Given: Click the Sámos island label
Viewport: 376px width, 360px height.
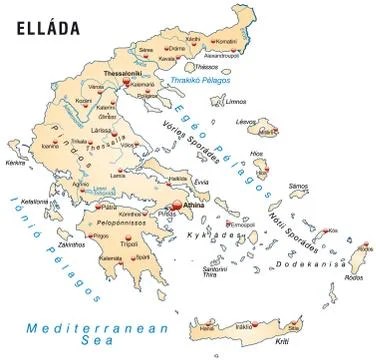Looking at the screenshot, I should (298, 186).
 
